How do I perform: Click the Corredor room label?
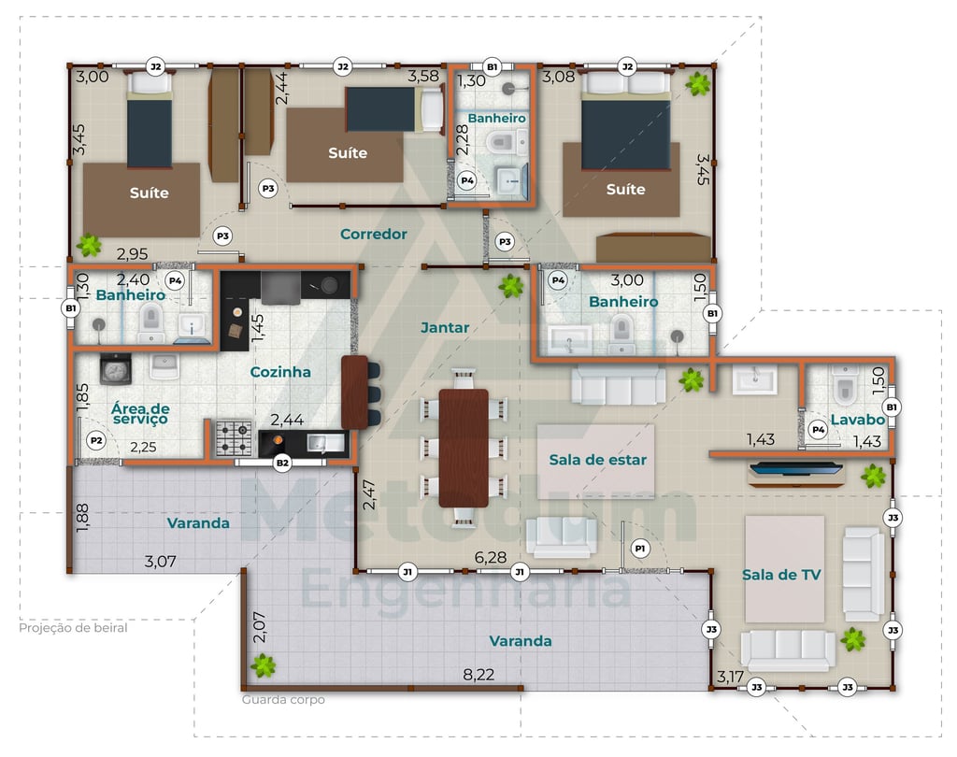(x=374, y=234)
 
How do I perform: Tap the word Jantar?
(x=445, y=328)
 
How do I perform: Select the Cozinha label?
(x=280, y=372)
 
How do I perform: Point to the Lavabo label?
(x=858, y=420)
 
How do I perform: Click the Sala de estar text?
(x=597, y=460)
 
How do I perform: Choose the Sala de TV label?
(x=781, y=575)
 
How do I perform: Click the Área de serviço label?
(x=140, y=413)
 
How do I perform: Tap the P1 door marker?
(x=639, y=549)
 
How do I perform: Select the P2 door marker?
(x=96, y=440)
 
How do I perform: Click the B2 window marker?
(x=282, y=463)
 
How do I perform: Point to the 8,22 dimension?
(x=478, y=675)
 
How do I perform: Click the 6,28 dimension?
(x=491, y=557)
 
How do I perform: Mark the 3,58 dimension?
(x=423, y=77)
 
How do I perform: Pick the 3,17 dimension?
(x=730, y=677)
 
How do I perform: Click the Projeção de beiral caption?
(x=73, y=628)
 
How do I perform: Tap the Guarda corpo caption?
(x=283, y=700)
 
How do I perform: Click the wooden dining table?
(x=464, y=448)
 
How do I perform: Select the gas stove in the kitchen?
(x=234, y=437)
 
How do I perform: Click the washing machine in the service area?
(x=115, y=368)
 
